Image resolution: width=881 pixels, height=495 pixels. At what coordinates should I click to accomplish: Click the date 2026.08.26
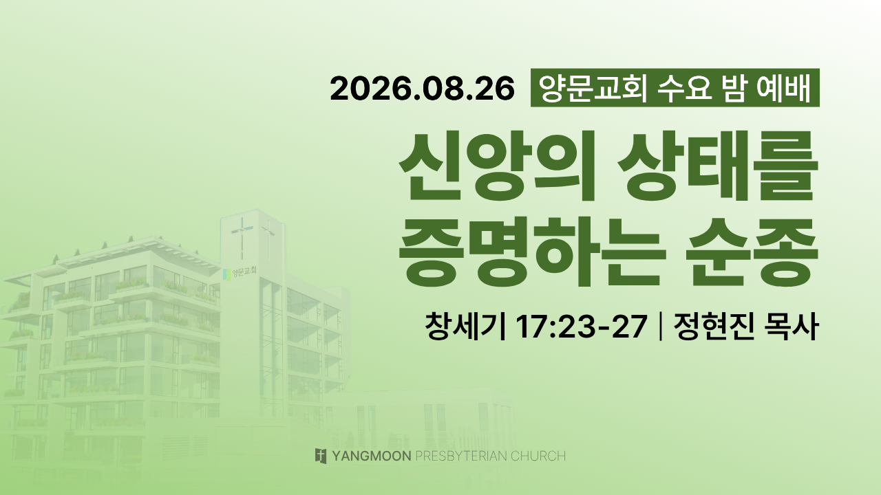click(x=422, y=89)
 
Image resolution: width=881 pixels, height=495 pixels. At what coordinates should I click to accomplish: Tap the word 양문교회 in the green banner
click(x=593, y=88)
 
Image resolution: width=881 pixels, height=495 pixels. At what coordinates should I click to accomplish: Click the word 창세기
click(x=465, y=326)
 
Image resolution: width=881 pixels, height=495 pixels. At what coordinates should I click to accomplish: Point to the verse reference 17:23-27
click(x=581, y=327)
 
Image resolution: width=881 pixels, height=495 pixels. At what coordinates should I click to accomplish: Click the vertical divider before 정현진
click(x=660, y=326)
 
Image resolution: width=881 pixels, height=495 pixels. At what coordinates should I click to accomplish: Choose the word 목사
click(x=792, y=326)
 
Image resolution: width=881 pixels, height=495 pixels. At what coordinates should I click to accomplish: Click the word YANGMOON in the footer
click(x=372, y=456)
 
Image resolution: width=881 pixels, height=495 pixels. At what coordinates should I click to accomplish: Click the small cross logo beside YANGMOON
click(x=321, y=456)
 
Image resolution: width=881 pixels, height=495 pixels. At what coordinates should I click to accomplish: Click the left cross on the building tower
click(x=242, y=238)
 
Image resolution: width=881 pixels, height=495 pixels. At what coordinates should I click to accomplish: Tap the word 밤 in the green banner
click(x=733, y=88)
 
